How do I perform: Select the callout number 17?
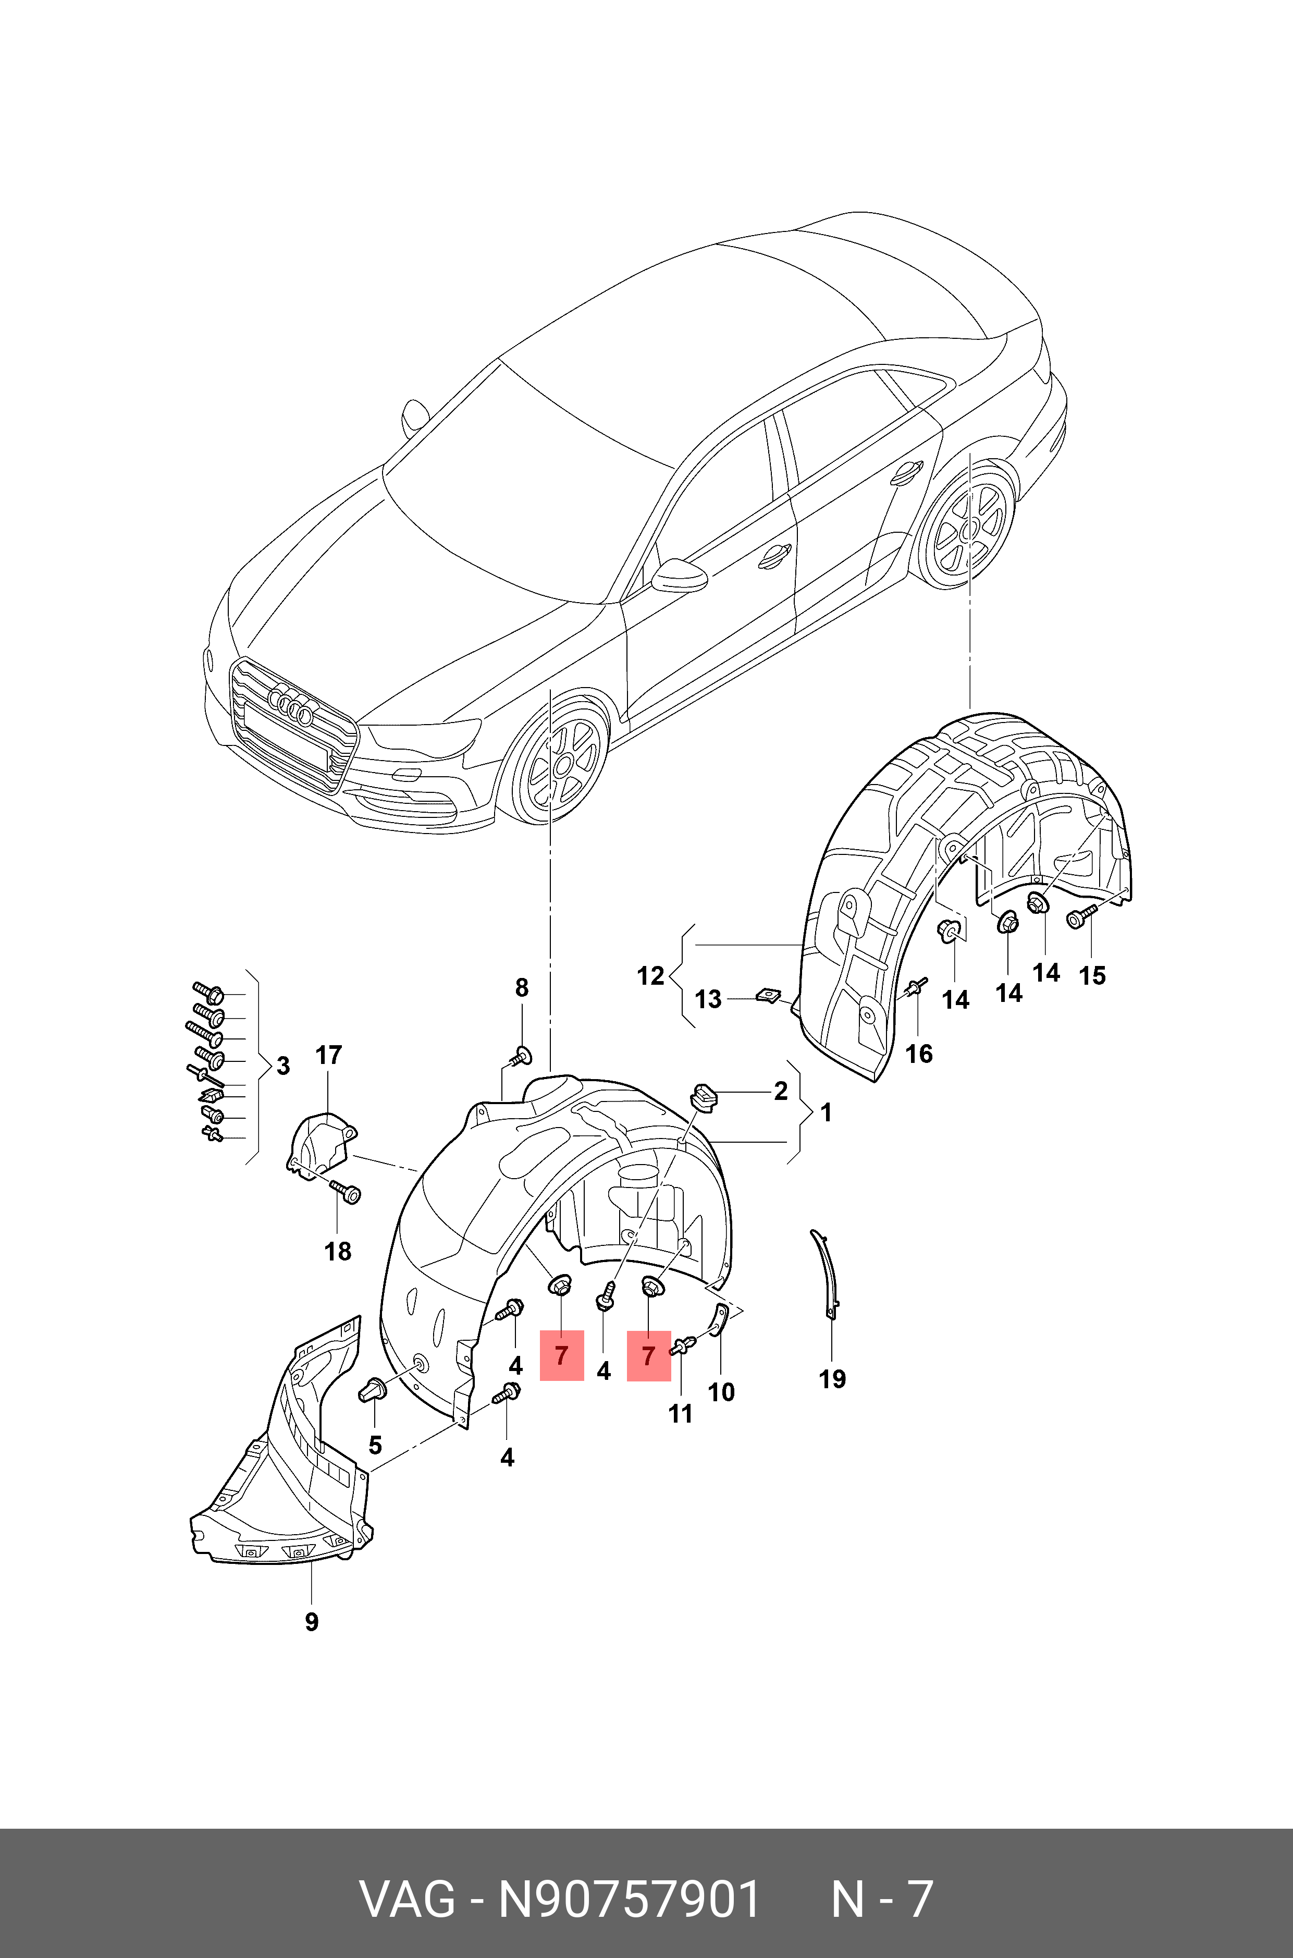coord(328,1055)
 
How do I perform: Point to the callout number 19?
coord(832,1378)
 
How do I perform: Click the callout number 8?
coord(522,987)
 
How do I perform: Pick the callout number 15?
coord(1092,976)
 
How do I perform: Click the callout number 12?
coord(650,976)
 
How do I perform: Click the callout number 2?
coord(781,1091)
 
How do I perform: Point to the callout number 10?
coord(721,1392)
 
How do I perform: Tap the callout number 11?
coord(680,1414)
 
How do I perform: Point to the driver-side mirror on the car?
coord(680,575)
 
